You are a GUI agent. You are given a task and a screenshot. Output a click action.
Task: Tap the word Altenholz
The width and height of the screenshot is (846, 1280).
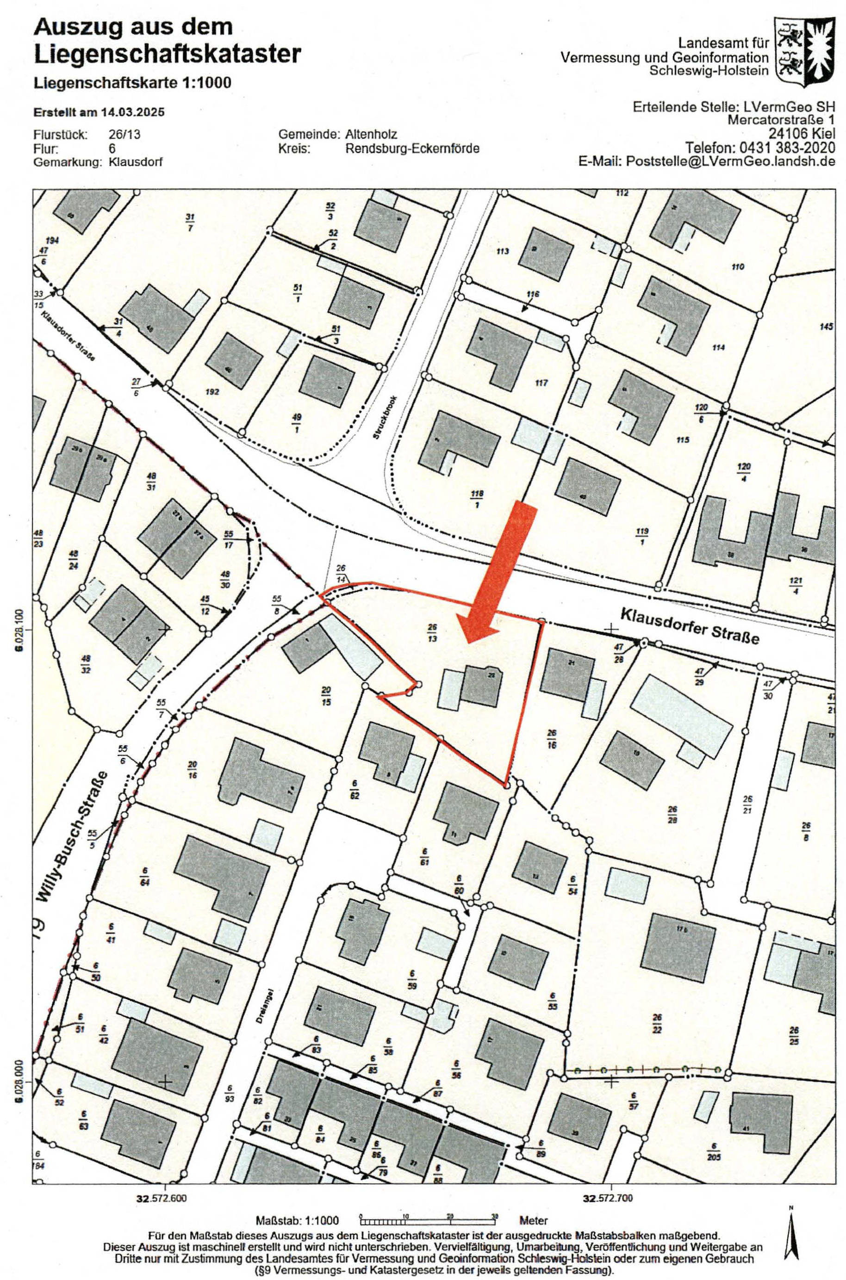click(x=371, y=134)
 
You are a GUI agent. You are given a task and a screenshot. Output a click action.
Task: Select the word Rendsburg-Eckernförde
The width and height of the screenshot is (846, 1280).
click(x=412, y=148)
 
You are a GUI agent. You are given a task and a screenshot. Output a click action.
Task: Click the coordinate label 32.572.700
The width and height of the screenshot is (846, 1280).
click(x=611, y=1180)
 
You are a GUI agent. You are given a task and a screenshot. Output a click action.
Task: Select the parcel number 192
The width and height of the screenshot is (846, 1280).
click(x=212, y=392)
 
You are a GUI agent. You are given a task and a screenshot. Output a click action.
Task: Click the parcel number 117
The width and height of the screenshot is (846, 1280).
click(x=541, y=383)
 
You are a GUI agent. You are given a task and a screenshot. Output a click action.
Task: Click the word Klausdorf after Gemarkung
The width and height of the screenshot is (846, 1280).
click(x=136, y=162)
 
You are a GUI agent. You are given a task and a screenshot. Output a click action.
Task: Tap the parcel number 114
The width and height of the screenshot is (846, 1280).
click(x=718, y=347)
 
